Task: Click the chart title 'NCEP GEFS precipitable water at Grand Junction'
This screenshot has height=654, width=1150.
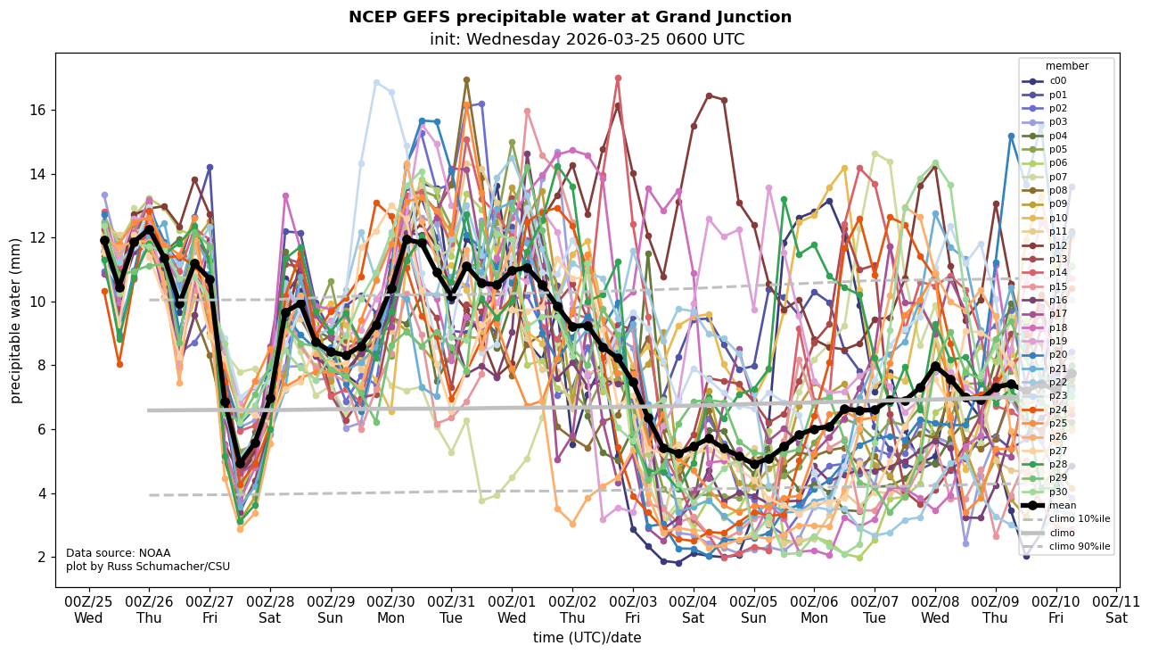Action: [x=570, y=17]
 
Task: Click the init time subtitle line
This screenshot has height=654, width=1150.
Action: [x=587, y=39]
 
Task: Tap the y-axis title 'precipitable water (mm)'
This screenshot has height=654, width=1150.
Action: [x=16, y=319]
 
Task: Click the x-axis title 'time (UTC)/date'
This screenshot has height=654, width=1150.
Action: [x=587, y=638]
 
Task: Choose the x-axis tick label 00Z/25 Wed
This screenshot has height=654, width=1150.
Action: [x=88, y=609]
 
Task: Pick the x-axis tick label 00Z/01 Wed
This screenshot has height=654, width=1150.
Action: [x=512, y=609]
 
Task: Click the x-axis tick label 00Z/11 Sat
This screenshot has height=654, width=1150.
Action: [x=1116, y=609]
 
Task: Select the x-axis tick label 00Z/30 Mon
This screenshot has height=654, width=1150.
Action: [x=390, y=609]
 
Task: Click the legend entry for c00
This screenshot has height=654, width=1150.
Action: [x=1058, y=81]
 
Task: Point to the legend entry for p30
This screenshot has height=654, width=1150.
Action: [x=1058, y=492]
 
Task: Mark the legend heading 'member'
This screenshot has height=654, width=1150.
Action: [x=1066, y=66]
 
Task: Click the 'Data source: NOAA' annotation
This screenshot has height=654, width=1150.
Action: [x=105, y=553]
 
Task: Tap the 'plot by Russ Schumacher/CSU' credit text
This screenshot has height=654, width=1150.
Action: [x=136, y=567]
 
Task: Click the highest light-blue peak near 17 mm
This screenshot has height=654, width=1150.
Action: [x=376, y=82]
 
